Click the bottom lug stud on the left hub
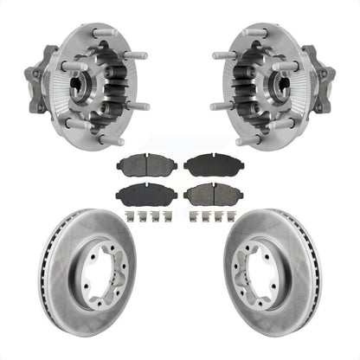click(x=109, y=139)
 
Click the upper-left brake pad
click(x=148, y=164)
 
